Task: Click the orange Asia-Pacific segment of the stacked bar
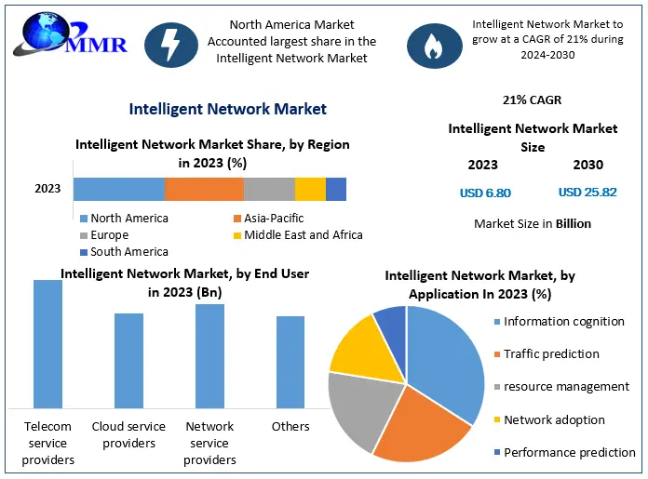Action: tap(204, 189)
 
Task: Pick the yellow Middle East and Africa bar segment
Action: tap(310, 189)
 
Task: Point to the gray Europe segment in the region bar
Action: tap(269, 189)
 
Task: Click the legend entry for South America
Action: tap(124, 252)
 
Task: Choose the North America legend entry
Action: tap(124, 219)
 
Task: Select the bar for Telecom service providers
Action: tap(47, 343)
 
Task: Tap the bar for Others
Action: tap(290, 362)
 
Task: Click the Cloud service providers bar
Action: tap(128, 360)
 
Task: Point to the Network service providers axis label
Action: tap(209, 443)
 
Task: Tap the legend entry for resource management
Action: tap(565, 387)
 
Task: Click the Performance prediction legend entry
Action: tap(568, 453)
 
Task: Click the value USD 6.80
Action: tap(485, 193)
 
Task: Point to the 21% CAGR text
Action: tap(532, 100)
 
